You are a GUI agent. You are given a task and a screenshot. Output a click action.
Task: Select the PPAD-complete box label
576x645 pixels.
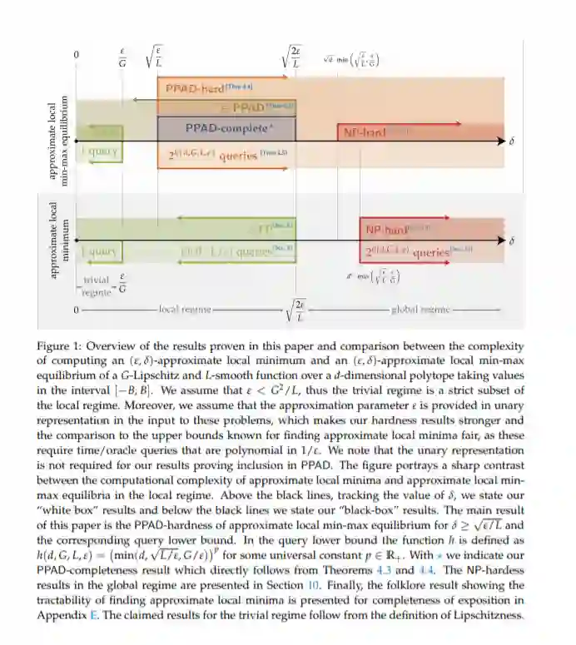click(x=229, y=128)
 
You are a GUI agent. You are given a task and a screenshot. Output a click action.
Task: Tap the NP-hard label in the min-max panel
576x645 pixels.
click(x=361, y=132)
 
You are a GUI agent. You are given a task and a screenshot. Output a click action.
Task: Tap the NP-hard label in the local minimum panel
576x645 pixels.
click(x=385, y=228)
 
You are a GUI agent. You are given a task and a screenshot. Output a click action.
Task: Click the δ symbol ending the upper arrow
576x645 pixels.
click(x=511, y=142)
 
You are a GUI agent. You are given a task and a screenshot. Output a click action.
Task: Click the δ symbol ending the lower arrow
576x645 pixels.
click(x=511, y=241)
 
